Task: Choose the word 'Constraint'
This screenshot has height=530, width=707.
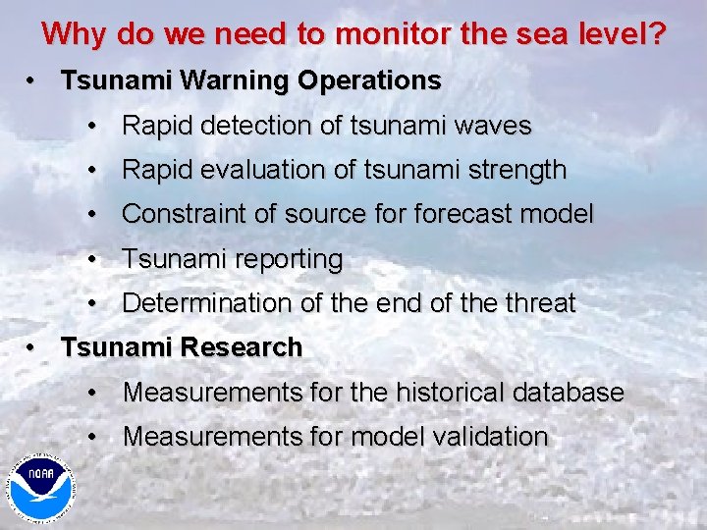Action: tap(187, 215)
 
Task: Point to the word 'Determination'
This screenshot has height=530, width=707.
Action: tap(207, 304)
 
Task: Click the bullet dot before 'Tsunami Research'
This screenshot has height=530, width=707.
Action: tap(32, 348)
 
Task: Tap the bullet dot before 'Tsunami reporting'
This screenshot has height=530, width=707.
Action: tap(91, 261)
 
